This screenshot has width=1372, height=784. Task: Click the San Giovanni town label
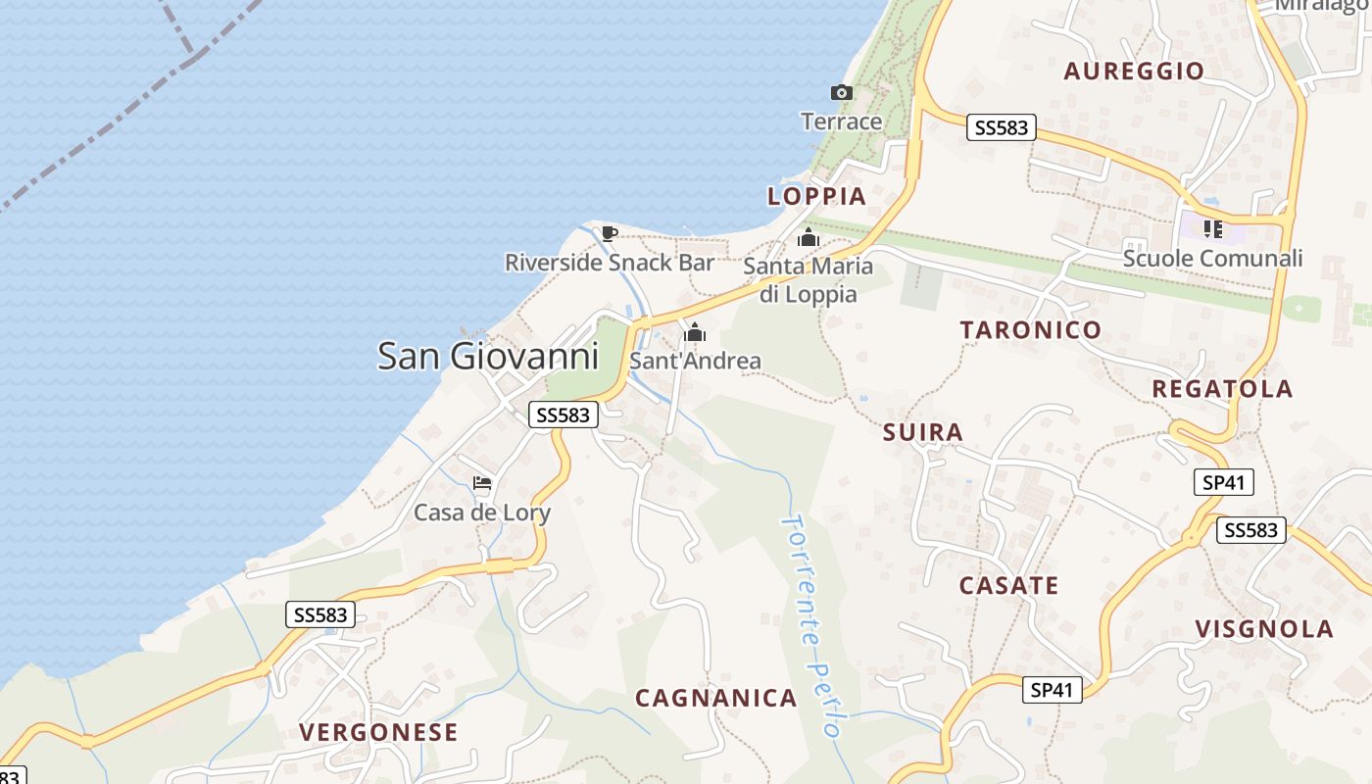(x=488, y=356)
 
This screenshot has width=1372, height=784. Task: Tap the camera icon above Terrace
(x=841, y=93)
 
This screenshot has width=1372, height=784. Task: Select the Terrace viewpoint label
(x=841, y=122)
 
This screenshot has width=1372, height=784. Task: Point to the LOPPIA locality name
(x=816, y=196)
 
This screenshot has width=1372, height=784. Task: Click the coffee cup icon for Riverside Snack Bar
(x=609, y=233)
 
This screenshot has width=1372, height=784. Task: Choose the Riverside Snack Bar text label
(x=609, y=263)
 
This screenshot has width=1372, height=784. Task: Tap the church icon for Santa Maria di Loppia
(x=808, y=238)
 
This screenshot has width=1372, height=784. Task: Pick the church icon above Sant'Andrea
(x=695, y=333)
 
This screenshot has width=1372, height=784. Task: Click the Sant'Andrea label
(x=695, y=361)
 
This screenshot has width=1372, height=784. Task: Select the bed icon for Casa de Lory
(x=481, y=483)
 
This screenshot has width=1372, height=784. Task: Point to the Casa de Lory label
(x=481, y=513)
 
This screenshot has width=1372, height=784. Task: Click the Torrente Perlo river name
(x=810, y=625)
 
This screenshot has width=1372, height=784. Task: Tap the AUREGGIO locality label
(x=1133, y=71)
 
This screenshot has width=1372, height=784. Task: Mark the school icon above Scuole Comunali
(x=1213, y=229)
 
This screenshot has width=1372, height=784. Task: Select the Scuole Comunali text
(x=1212, y=259)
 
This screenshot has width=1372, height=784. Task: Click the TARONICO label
(x=1031, y=329)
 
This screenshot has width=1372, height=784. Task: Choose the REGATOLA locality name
(x=1222, y=388)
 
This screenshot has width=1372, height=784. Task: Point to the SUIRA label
(x=922, y=432)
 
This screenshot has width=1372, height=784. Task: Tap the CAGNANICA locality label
(x=715, y=698)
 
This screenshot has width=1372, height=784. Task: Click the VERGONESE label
(x=378, y=732)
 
